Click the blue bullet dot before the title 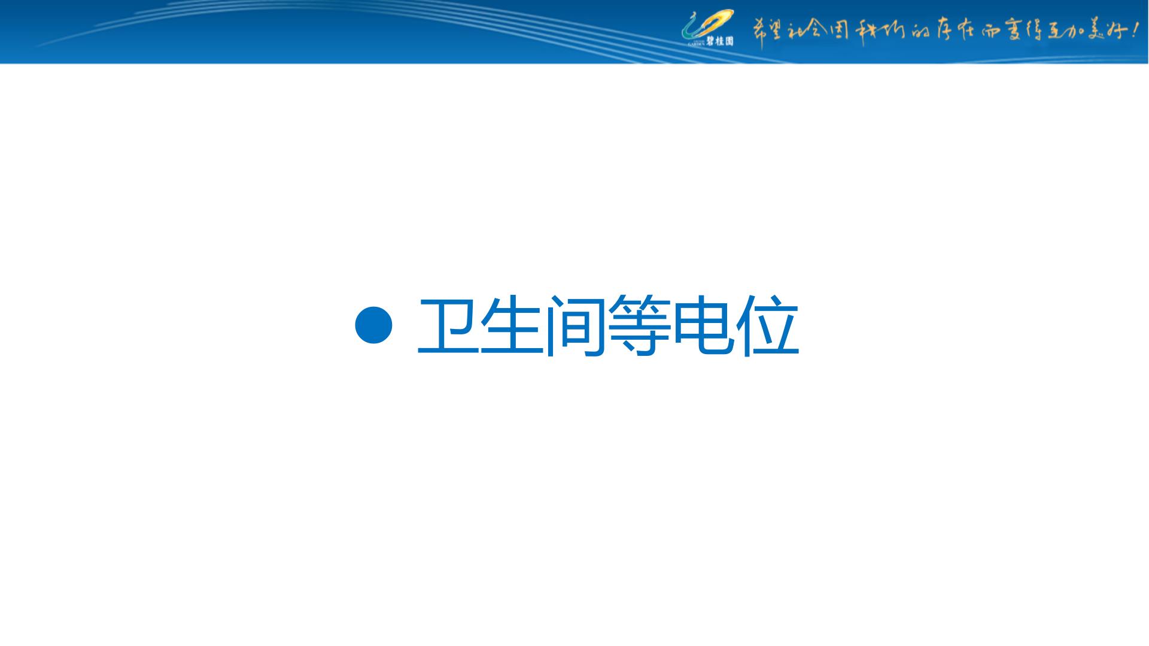(373, 325)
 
